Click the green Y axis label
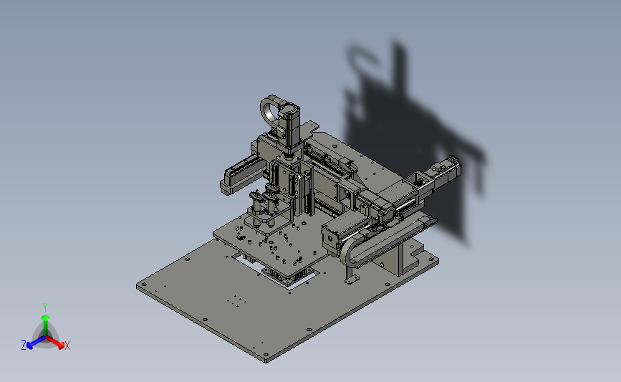pyautogui.click(x=45, y=307)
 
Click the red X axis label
pyautogui.click(x=67, y=345)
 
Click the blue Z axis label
pyautogui.click(x=24, y=345)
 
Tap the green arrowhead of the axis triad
pyautogui.click(x=46, y=317)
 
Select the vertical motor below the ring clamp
pyautogui.click(x=290, y=127)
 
